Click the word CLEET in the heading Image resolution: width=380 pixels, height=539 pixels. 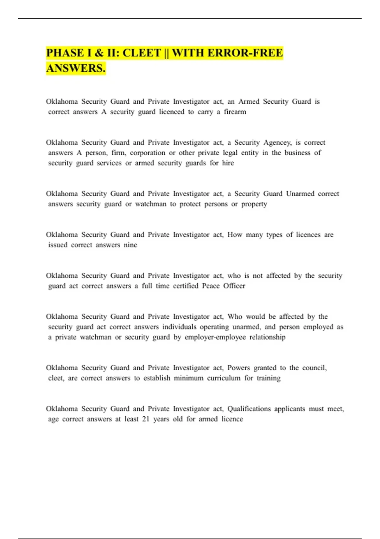coord(142,53)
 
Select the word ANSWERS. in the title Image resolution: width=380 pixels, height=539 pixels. coord(76,68)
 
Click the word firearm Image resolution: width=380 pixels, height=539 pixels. coord(235,112)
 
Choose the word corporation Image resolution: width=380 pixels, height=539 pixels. coord(148,153)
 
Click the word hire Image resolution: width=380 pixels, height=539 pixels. coord(228,163)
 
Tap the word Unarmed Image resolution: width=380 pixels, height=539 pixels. coord(300,194)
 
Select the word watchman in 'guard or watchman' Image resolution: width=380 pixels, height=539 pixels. coord(150,204)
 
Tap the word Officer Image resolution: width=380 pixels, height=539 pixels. coord(234,286)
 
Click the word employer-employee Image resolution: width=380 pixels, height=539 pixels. coord(215,337)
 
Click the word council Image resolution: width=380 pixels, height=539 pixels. coord(314,368)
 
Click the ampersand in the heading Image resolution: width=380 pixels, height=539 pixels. coord(99,53)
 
